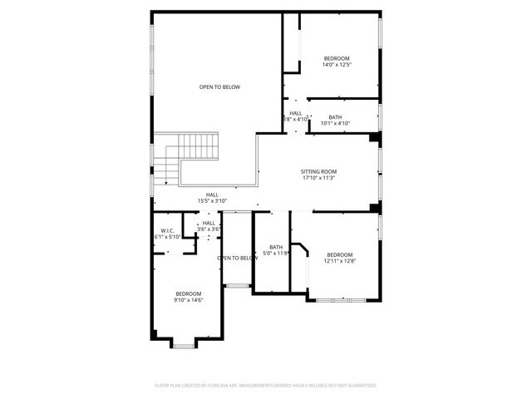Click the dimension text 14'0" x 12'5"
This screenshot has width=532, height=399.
[336, 64]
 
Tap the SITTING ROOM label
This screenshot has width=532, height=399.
[318, 171]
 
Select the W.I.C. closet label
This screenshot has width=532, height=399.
[166, 230]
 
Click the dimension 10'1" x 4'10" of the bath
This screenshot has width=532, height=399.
[335, 123]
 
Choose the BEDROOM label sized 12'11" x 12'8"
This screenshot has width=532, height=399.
[339, 254]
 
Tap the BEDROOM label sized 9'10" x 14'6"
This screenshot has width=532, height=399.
[189, 293]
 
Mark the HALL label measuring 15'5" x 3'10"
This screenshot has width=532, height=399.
[212, 195]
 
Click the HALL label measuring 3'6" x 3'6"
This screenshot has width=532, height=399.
[209, 223]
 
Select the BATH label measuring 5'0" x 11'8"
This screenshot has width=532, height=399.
[276, 246]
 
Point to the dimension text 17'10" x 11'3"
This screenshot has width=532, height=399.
[318, 178]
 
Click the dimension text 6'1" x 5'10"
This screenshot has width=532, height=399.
[167, 237]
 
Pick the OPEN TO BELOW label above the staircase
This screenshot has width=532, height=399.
[219, 86]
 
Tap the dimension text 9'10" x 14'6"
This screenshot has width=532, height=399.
[189, 300]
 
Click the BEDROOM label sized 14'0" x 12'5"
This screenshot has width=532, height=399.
[336, 57]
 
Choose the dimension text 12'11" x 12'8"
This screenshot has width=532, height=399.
[339, 261]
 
